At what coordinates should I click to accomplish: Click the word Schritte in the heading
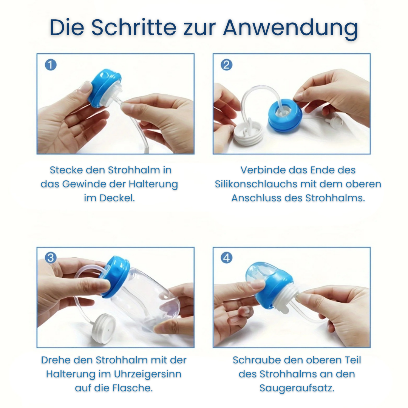pyautogui.click(x=134, y=27)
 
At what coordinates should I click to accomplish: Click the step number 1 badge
pyautogui.click(x=51, y=65)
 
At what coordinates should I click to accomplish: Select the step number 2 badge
pyautogui.click(x=227, y=65)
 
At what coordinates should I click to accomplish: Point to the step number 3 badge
pyautogui.click(x=51, y=258)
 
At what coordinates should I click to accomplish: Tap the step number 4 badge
pyautogui.click(x=227, y=258)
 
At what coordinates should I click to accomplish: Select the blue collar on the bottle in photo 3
pyautogui.click(x=116, y=276)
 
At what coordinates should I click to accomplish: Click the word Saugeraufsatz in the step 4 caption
pyautogui.click(x=297, y=388)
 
